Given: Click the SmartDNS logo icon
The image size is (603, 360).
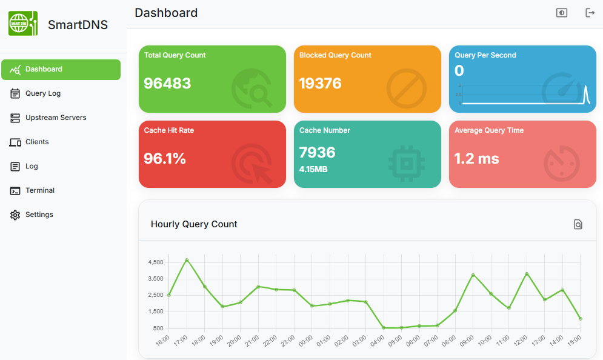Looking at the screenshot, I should [22, 24].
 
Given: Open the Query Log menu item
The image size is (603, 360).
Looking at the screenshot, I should [42, 93].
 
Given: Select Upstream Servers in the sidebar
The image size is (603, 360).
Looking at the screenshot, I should [56, 118].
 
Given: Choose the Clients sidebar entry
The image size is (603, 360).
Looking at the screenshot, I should [37, 142].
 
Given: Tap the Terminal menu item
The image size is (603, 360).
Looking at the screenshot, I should [40, 190].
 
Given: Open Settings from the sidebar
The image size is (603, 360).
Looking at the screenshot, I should [39, 215].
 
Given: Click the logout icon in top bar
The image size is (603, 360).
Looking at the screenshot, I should [590, 13].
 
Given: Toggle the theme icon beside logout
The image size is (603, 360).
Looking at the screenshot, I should [562, 13].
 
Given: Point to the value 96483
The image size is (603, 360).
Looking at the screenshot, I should [167, 83].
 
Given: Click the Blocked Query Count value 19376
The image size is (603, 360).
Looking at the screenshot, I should [321, 83].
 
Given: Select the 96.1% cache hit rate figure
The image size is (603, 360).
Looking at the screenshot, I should [165, 158].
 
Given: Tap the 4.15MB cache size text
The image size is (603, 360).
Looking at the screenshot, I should [313, 169].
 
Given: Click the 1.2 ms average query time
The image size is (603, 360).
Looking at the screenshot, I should [477, 158].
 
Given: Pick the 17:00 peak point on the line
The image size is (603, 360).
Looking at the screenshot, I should [187, 260].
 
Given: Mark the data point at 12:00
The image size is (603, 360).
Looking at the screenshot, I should [527, 274].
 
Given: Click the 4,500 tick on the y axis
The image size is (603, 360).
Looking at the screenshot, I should [155, 262].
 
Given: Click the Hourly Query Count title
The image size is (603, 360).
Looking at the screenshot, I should [194, 224].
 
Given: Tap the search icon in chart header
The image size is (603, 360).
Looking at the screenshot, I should [578, 224].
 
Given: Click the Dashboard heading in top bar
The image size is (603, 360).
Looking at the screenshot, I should [166, 13].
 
